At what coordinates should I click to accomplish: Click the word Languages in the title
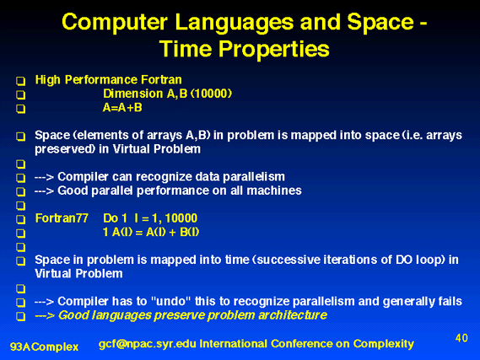tap(234, 23)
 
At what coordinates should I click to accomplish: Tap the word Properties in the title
tap(273, 49)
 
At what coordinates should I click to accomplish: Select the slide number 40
tap(461, 338)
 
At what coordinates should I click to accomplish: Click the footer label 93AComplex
tap(45, 347)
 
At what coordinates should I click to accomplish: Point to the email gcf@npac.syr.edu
tap(148, 344)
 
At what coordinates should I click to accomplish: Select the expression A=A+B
tap(122, 108)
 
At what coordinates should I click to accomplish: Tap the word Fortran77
tap(62, 218)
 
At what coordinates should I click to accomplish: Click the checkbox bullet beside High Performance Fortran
tap(21, 81)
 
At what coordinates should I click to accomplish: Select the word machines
tap(274, 191)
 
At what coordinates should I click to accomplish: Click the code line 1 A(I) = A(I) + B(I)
tap(151, 232)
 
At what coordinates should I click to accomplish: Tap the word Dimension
tap(132, 94)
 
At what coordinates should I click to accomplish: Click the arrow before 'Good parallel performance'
tap(44, 191)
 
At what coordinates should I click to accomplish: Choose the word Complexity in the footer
tap(384, 344)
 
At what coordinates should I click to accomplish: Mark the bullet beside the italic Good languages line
tap(21, 316)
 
